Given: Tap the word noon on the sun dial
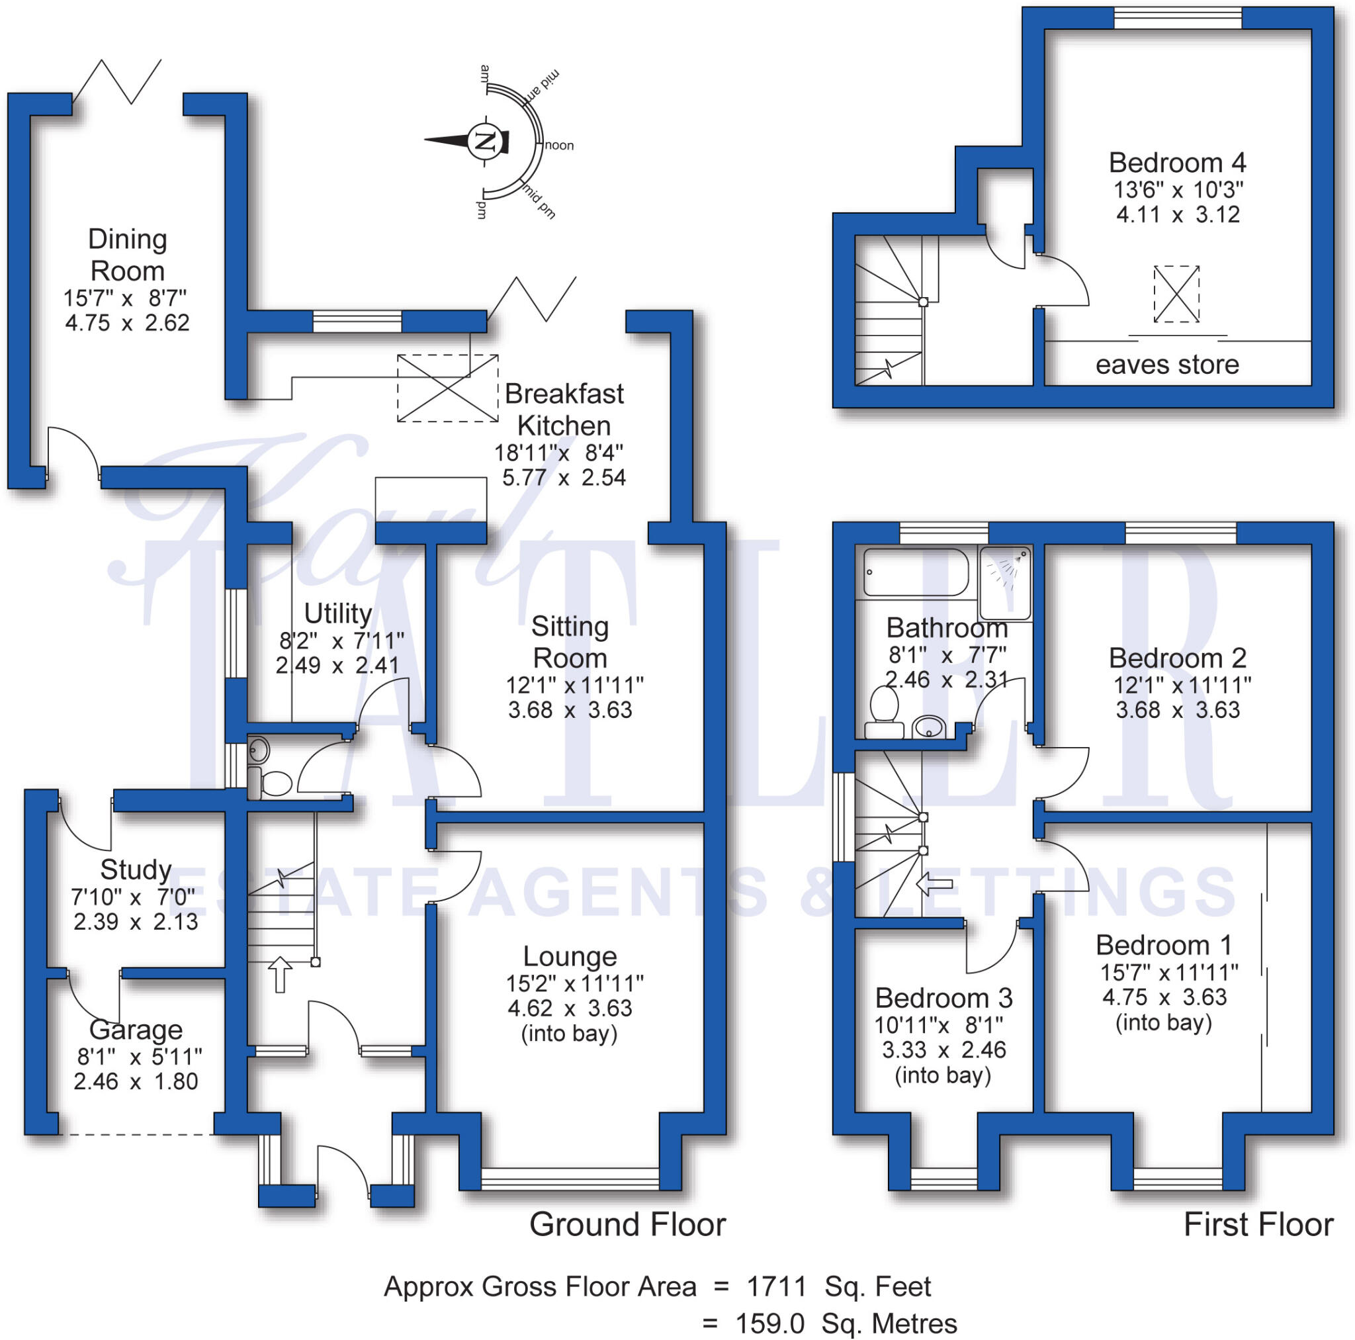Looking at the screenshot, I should [559, 146].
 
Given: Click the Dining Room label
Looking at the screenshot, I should [128, 255].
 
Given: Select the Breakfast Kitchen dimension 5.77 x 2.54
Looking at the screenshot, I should [564, 478].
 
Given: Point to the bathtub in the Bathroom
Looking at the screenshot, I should [915, 572].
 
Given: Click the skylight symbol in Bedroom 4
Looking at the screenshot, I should [1176, 294].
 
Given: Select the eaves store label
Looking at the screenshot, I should [1167, 365].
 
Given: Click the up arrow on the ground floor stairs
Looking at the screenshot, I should [280, 974].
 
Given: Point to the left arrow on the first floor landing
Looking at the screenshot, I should [934, 884].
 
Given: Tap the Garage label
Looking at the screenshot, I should [136, 1030].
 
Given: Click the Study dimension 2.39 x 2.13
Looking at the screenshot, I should [136, 922].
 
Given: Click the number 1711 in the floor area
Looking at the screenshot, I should [776, 1286].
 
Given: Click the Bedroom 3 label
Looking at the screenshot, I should [943, 998].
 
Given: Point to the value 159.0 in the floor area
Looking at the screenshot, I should [769, 1324].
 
